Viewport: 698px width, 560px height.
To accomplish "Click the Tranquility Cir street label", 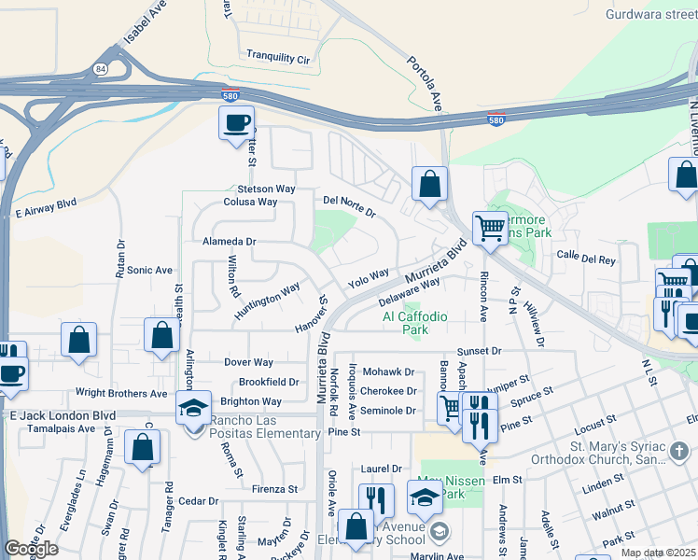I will (277, 58).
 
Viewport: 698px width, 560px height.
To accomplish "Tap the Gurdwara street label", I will (650, 14).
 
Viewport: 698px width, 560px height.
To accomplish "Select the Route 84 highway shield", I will (100, 69).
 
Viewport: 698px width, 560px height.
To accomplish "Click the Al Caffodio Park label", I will (416, 323).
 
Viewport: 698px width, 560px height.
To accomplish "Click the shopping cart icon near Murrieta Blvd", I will (490, 227).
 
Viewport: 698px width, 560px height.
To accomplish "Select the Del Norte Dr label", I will (348, 206).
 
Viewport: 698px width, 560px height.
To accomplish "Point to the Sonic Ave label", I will (150, 270).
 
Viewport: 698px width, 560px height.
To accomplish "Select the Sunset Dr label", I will (480, 350).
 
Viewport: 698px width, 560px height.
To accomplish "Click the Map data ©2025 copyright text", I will (657, 553).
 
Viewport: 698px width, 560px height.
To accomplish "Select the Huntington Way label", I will (267, 301).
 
